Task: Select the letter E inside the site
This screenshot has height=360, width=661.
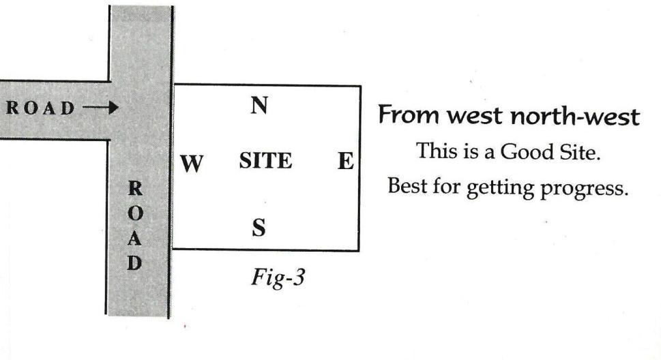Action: [345, 162]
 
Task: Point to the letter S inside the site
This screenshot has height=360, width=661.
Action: [259, 227]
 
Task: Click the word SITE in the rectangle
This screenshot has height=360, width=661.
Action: [266, 162]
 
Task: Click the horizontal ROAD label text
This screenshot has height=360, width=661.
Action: [41, 107]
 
